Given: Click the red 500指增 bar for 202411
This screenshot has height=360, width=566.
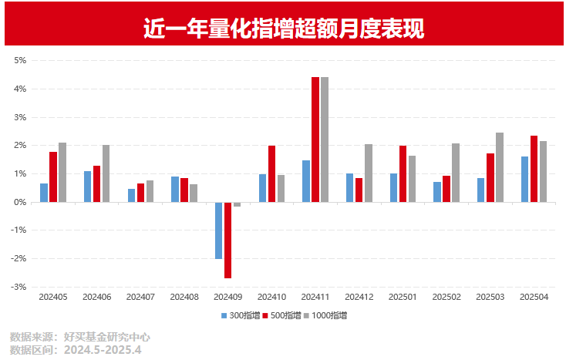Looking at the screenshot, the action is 315,140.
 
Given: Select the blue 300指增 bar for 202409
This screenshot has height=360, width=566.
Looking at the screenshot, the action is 219,230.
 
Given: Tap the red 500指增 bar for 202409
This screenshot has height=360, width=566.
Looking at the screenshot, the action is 227,241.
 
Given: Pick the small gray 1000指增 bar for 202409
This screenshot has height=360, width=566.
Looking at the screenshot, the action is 238,204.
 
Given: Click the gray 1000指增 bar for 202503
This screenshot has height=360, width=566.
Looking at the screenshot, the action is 500,167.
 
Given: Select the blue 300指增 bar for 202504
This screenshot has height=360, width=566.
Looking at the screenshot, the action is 525,180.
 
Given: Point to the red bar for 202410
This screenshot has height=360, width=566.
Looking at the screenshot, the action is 271,174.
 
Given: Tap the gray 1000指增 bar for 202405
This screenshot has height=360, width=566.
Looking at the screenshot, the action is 62,173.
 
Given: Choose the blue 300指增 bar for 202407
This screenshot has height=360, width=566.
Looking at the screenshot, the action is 131,196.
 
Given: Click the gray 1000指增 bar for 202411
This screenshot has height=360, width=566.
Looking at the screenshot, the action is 325,140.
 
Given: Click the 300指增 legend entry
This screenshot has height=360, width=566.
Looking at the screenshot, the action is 241,315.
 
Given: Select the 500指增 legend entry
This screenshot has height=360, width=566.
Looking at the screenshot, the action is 281,315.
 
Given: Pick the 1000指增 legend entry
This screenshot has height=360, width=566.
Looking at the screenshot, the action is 325,315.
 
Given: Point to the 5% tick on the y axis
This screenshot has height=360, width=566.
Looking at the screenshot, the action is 20,61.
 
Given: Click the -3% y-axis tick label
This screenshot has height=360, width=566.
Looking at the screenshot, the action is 19,287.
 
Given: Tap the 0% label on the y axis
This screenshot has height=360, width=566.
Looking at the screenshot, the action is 20,203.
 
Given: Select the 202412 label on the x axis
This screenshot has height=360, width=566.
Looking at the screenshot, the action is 359,297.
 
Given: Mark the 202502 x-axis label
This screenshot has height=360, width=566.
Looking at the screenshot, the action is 446,297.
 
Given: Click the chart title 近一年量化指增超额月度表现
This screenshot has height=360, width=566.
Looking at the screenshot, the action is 284,29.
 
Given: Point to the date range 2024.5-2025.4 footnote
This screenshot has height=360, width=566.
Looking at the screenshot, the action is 103,350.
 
